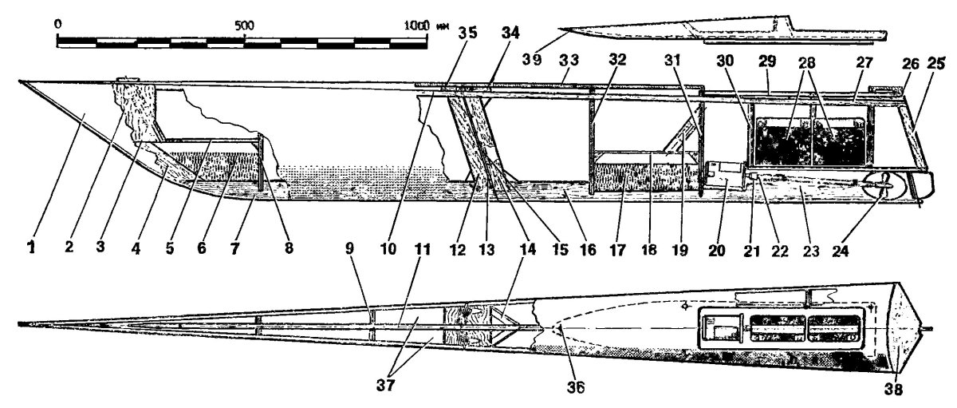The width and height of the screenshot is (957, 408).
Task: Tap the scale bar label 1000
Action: [x=417, y=24]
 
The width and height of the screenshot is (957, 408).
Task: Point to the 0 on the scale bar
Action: [x=58, y=24]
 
